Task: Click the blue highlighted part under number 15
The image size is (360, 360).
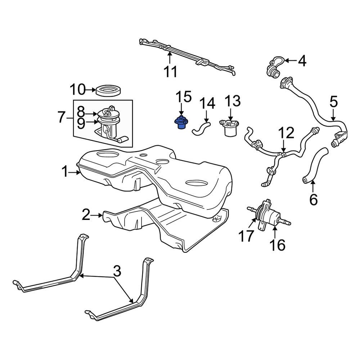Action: pyautogui.click(x=181, y=123)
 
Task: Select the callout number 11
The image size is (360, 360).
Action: pyautogui.click(x=170, y=71)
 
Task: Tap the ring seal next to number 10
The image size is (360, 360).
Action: pyautogui.click(x=108, y=91)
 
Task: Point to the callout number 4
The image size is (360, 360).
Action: pyautogui.click(x=302, y=61)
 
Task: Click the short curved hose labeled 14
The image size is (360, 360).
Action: pyautogui.click(x=201, y=129)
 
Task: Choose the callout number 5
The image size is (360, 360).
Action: pyautogui.click(x=334, y=102)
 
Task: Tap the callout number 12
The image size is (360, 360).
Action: pyautogui.click(x=286, y=133)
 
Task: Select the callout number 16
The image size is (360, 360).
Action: pyautogui.click(x=277, y=245)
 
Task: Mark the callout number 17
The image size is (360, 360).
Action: pyautogui.click(x=246, y=236)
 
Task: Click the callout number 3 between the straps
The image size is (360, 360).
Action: pyautogui.click(x=117, y=271)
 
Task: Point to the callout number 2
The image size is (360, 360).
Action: pyautogui.click(x=86, y=215)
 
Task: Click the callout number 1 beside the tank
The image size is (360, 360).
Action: pyautogui.click(x=65, y=172)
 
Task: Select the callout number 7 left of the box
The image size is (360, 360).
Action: pyautogui.click(x=61, y=118)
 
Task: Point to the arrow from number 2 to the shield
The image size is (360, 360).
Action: pyautogui.click(x=96, y=215)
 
